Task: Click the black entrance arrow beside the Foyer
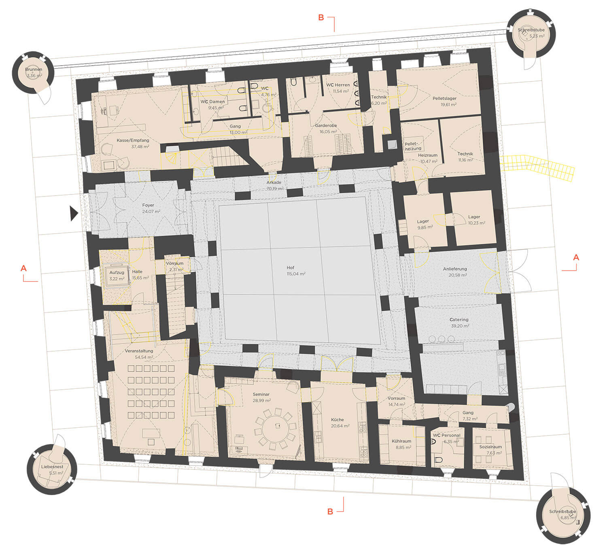[x=74, y=213]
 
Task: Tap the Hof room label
[x=290, y=268]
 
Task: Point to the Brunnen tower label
[x=34, y=69]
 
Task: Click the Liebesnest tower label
[x=52, y=467]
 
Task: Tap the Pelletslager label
[x=444, y=98]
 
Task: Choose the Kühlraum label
[x=401, y=441]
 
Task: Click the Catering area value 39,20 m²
[x=460, y=326]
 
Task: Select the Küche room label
[x=337, y=420]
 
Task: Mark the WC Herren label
[x=337, y=85]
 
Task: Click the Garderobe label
[x=326, y=126]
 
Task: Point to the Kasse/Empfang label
[x=133, y=141]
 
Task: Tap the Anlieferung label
[x=455, y=269]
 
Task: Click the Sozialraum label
[x=490, y=447]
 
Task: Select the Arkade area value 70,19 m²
[x=275, y=188]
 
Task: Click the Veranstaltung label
[x=139, y=351]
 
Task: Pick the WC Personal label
[x=446, y=435]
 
